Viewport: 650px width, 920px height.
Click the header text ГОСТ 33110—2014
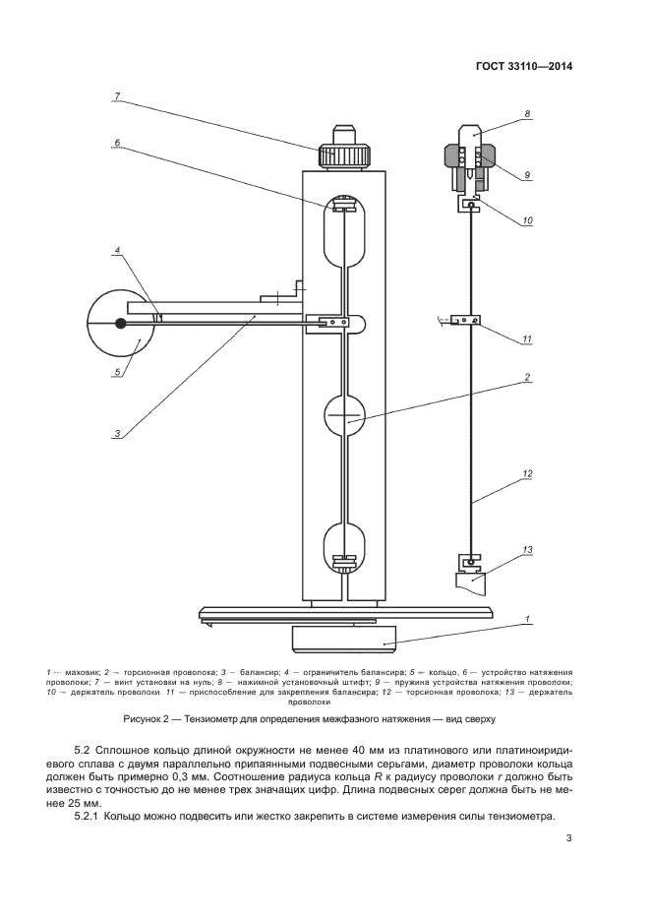pos(522,68)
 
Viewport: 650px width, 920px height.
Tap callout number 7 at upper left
pos(116,95)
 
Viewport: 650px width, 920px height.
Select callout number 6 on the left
pos(116,142)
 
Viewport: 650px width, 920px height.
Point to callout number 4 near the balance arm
pos(116,251)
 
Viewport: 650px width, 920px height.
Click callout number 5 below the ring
pos(116,371)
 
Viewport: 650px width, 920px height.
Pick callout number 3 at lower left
pos(116,433)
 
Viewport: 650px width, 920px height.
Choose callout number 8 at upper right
pos(527,114)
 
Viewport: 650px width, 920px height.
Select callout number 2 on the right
pos(527,377)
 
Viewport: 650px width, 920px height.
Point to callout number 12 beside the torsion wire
pos(527,473)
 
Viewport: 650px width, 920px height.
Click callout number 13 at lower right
pos(527,548)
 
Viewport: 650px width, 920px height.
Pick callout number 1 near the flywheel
pos(527,619)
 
